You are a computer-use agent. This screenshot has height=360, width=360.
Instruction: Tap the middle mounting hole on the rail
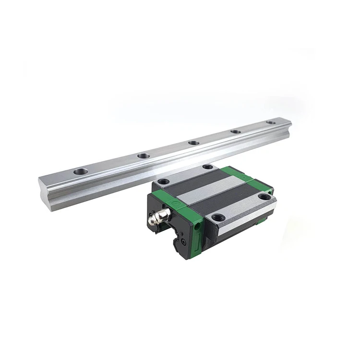(x=193, y=143)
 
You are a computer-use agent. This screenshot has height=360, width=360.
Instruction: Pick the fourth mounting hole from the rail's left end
(x=235, y=132)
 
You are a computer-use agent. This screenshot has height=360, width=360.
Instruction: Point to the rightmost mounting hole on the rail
(x=271, y=122)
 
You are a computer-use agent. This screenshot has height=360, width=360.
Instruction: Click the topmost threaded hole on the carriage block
(x=207, y=167)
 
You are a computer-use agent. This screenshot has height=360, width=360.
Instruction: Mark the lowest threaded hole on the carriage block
(x=216, y=217)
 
